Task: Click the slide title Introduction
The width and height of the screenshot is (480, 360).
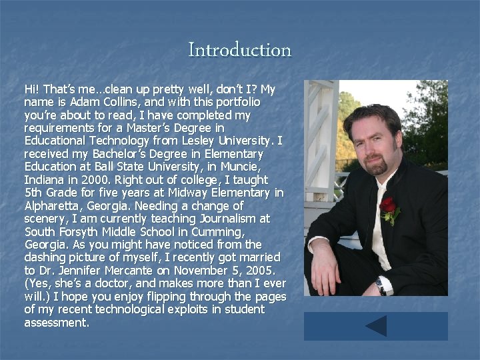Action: pos(239,50)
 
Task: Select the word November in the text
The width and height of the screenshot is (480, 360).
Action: pos(204,271)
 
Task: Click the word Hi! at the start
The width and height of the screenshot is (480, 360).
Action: pos(32,89)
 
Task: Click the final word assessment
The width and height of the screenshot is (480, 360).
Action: pos(57,323)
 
